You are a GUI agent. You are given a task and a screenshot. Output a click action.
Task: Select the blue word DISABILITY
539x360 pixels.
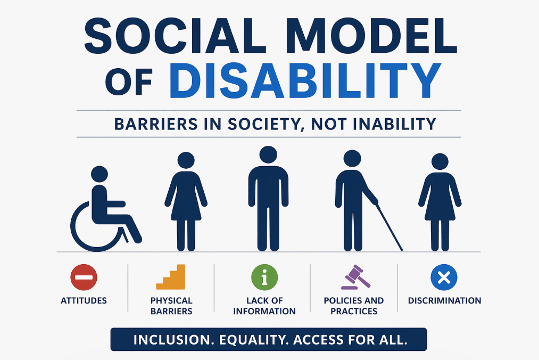pyautogui.click(x=308, y=81)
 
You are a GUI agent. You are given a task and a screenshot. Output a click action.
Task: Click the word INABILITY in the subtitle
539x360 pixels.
pyautogui.click(x=396, y=124)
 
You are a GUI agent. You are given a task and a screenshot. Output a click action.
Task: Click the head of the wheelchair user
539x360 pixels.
pyautogui.click(x=99, y=174)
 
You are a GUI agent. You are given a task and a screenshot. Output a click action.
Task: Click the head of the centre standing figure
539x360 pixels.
pyautogui.click(x=268, y=155)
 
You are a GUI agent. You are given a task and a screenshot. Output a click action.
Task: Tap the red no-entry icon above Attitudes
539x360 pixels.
pyautogui.click(x=84, y=277)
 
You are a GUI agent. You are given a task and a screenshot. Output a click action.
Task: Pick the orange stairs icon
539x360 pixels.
pyautogui.click(x=171, y=277)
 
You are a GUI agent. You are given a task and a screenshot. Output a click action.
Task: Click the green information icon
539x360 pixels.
pyautogui.click(x=264, y=277)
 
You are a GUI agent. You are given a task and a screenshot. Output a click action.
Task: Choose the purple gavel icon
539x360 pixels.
pyautogui.click(x=354, y=277)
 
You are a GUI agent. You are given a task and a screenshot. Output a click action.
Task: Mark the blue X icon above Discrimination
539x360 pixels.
pyautogui.click(x=444, y=277)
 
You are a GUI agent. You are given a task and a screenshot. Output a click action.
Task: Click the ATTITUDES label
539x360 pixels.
pyautogui.click(x=84, y=301)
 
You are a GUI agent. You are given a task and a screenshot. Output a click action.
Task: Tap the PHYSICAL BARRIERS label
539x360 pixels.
pyautogui.click(x=171, y=306)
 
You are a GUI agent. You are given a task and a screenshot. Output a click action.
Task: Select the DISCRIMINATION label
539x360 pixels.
pyautogui.click(x=444, y=301)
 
